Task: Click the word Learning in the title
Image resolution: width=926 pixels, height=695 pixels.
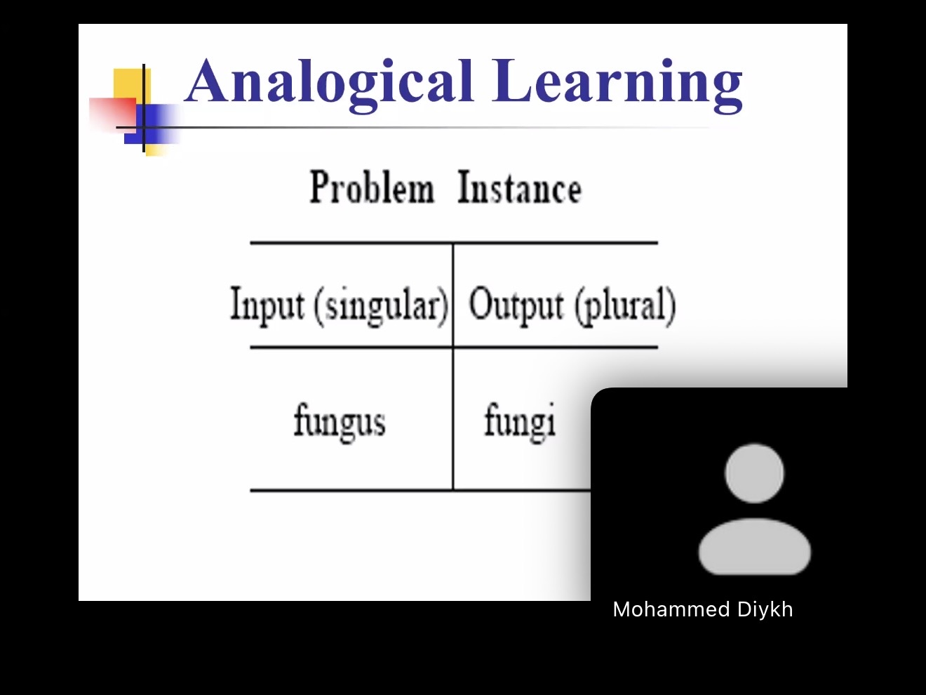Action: tap(617, 85)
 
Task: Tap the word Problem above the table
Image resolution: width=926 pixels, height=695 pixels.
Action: tap(372, 187)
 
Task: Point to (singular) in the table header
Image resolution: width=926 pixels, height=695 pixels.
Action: tap(381, 306)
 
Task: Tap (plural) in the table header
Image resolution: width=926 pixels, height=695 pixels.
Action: tap(625, 306)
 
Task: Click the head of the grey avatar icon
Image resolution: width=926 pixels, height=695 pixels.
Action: tap(754, 473)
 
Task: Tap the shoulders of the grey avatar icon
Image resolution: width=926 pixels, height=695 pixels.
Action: tap(754, 546)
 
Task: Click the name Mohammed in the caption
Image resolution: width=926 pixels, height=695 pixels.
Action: tap(671, 609)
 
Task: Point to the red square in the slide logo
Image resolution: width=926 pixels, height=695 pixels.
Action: tap(113, 114)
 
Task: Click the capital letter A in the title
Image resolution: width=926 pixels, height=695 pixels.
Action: tap(208, 80)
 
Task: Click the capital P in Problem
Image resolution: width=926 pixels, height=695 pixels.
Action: tap(320, 187)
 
